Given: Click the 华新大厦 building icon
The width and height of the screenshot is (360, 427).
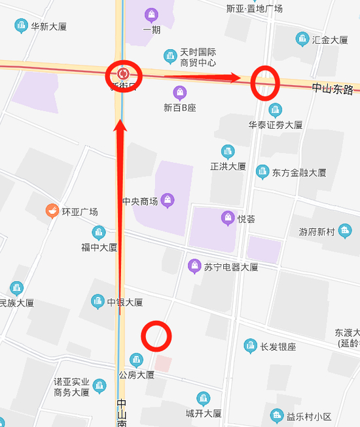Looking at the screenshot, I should (x=20, y=26).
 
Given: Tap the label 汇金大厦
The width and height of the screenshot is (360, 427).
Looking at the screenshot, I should (x=330, y=40).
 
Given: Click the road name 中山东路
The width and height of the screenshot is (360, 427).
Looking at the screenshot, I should (x=333, y=88).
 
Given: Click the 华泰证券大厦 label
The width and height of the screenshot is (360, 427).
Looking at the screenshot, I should (x=275, y=124).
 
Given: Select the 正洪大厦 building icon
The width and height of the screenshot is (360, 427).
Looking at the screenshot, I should (x=228, y=152).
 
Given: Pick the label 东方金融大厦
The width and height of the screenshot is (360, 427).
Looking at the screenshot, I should (x=299, y=173).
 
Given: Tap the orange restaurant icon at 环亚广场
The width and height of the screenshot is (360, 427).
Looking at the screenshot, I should (x=51, y=211).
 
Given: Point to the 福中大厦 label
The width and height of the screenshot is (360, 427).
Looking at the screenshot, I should (x=99, y=247).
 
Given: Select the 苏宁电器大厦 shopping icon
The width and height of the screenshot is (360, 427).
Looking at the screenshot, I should (x=194, y=266).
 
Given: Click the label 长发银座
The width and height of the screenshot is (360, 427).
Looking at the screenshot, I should (x=278, y=347).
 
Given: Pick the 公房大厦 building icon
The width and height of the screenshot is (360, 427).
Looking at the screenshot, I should (x=136, y=360).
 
